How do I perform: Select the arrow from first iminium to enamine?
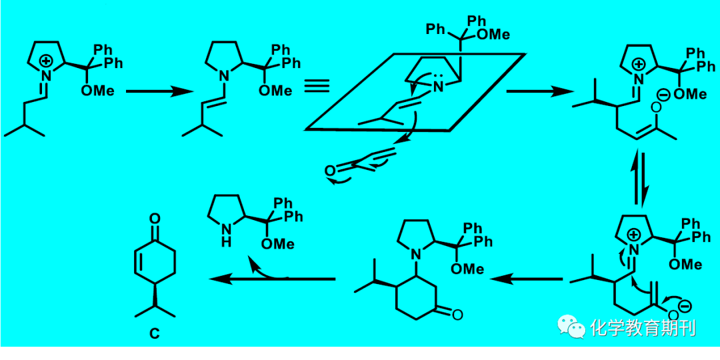tap(159, 91)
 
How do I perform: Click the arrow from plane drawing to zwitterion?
tap(539, 91)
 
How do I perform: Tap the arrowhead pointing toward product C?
tap(219, 278)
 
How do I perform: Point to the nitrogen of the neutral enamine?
tap(223, 73)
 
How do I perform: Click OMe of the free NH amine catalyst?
tap(278, 244)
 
